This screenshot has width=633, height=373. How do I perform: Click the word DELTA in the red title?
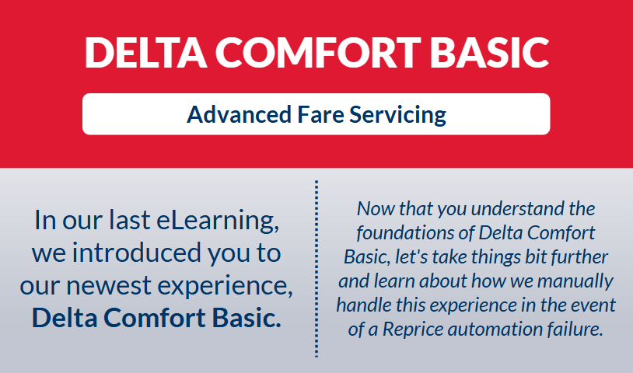tap(145, 52)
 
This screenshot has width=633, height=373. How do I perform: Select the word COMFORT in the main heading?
tap(319, 52)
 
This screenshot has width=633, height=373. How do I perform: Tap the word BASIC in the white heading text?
tap(489, 52)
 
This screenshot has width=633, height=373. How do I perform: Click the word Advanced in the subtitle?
tap(239, 114)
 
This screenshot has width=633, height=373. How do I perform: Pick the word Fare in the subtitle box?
tap(320, 114)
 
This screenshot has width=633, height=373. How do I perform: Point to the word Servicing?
tap(397, 115)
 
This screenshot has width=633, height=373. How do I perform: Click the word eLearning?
tap(218, 221)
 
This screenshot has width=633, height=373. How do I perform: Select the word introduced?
tap(136, 253)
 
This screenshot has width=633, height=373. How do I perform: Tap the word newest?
tap(109, 285)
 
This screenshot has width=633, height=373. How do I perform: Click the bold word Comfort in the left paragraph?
tap(155, 318)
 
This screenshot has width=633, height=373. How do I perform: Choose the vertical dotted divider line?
tap(316, 269)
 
